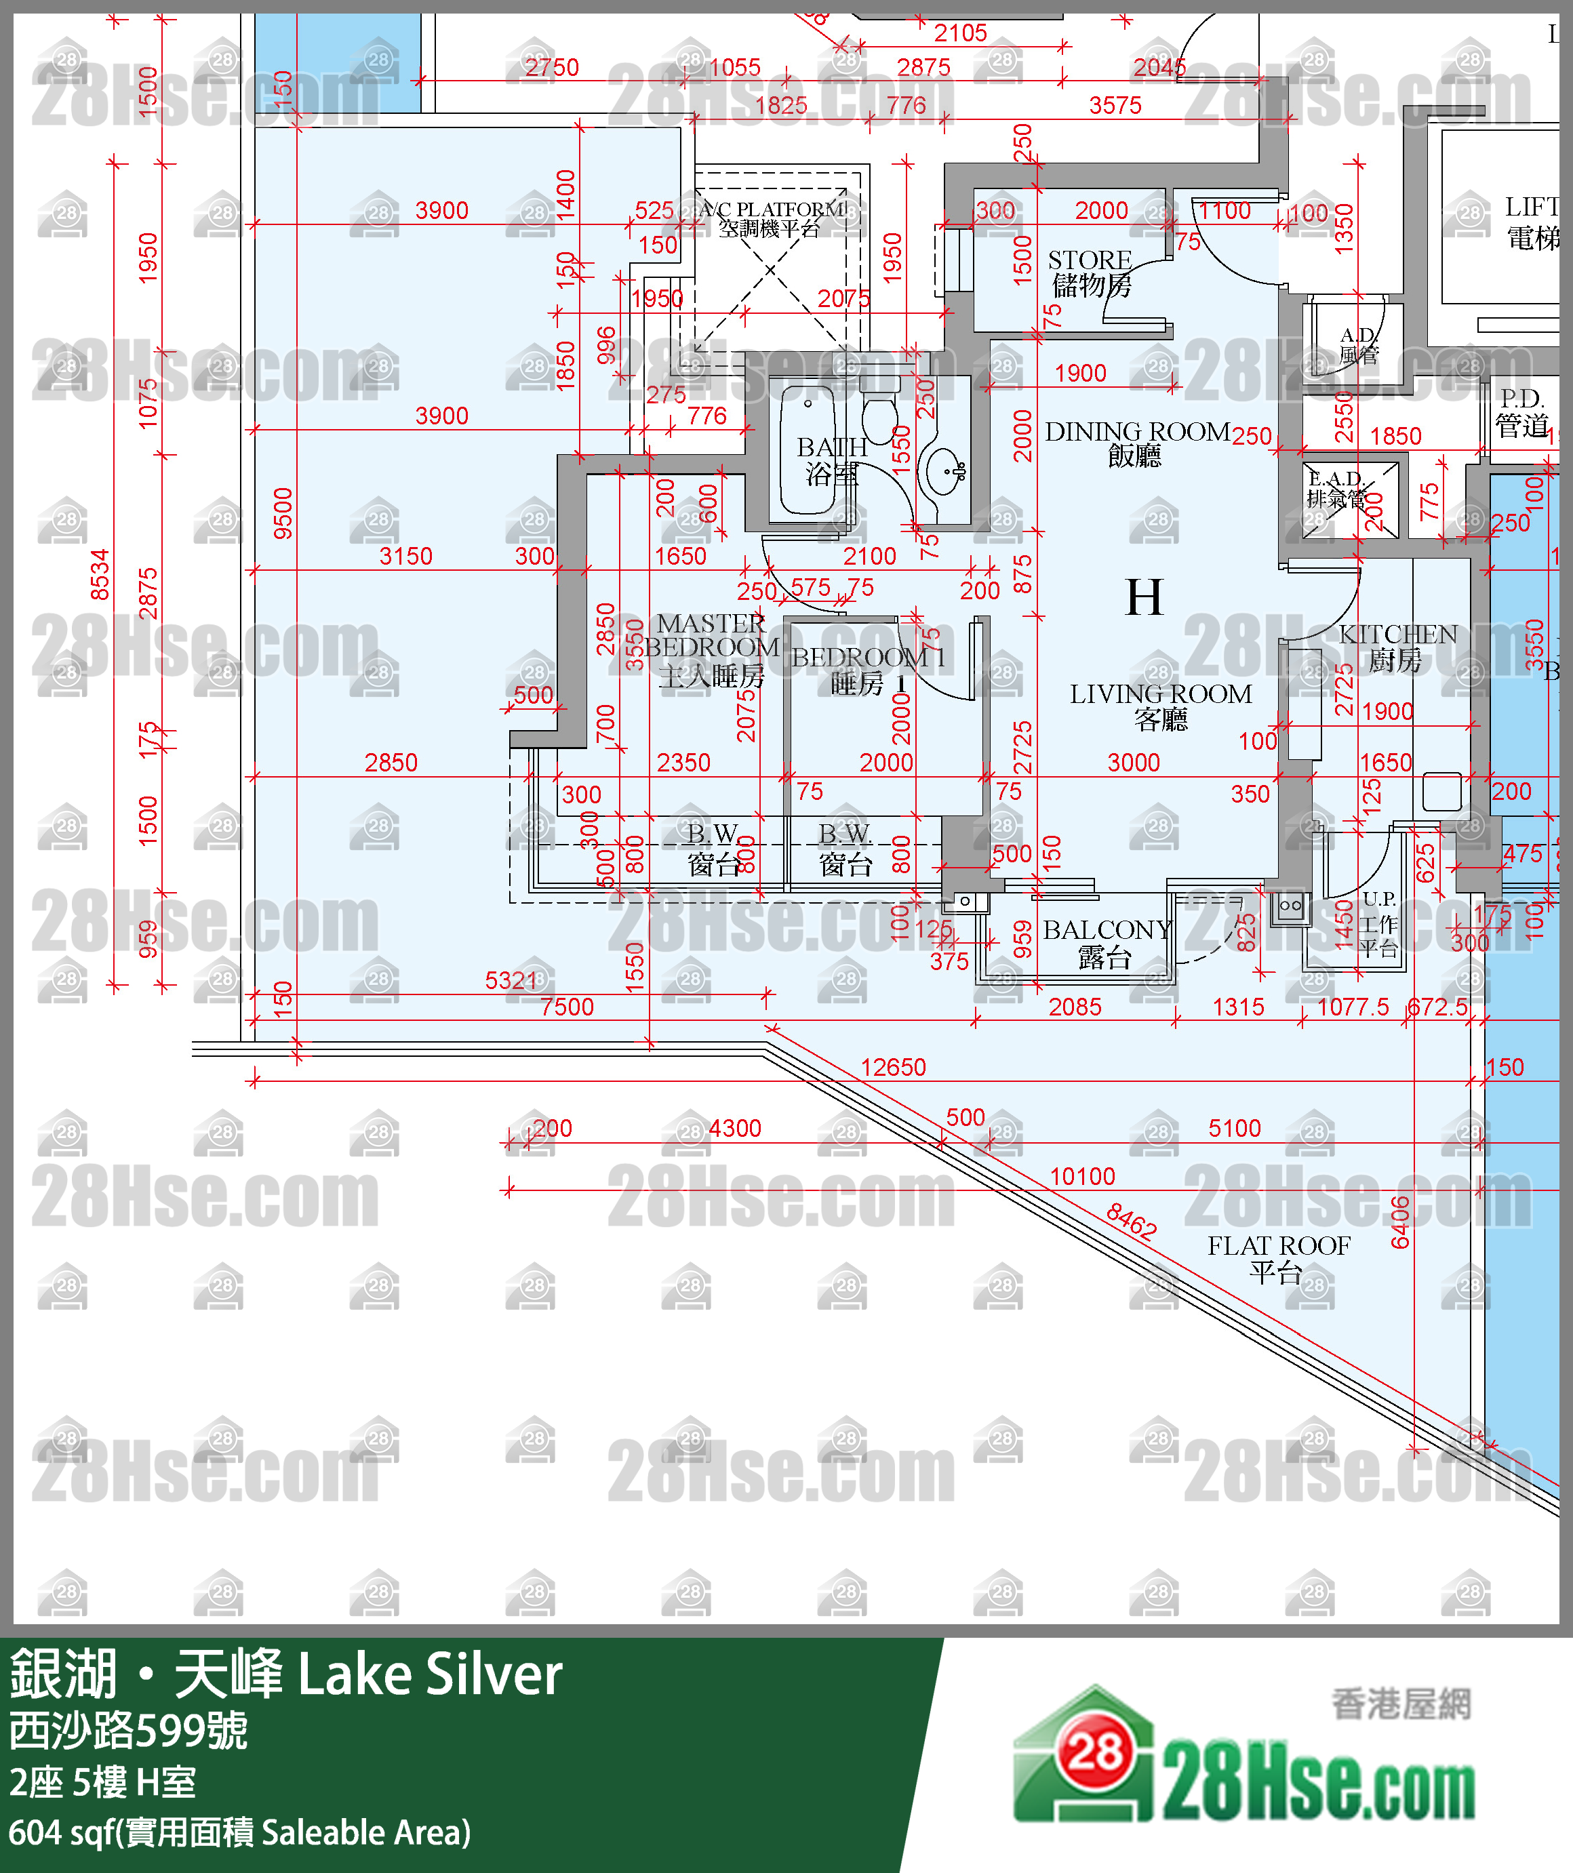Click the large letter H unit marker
click(1144, 598)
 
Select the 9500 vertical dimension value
click(283, 513)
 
